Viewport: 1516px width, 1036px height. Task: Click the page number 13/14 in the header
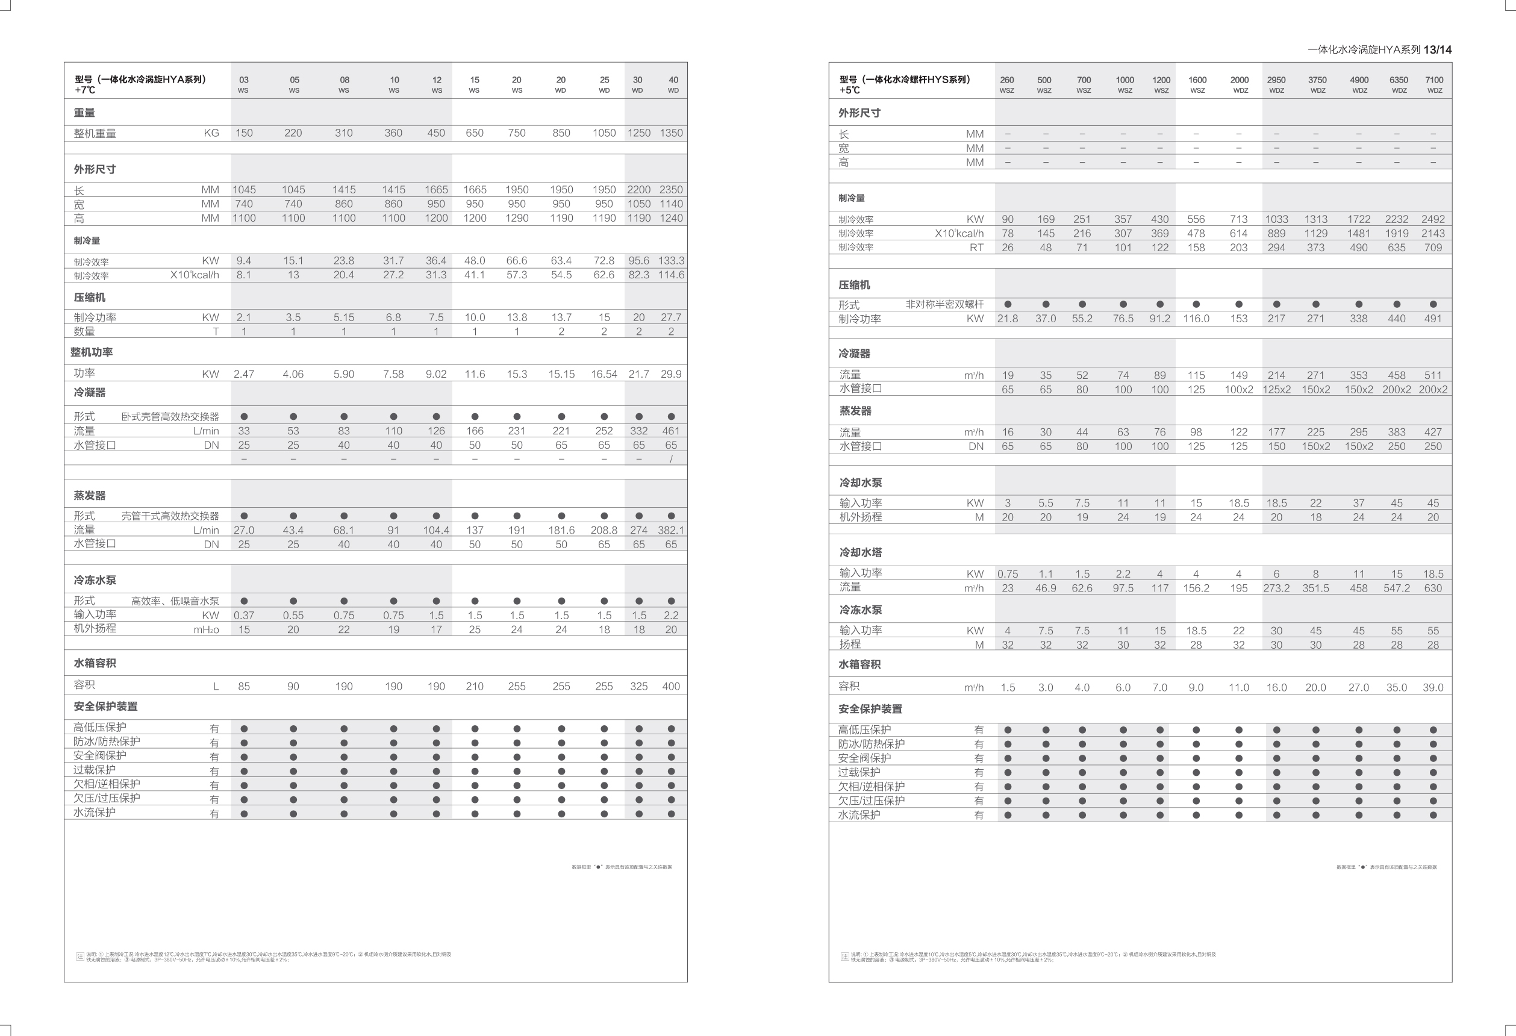(x=1437, y=49)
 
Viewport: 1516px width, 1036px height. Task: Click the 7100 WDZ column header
(x=1434, y=84)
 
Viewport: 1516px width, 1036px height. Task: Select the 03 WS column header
(x=243, y=84)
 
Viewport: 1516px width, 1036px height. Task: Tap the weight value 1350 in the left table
(x=670, y=133)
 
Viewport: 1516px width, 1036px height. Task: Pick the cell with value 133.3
(x=670, y=260)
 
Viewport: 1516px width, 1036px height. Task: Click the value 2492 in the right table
(x=1432, y=219)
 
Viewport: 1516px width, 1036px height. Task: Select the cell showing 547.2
(x=1396, y=588)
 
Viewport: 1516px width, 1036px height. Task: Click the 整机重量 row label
(x=95, y=134)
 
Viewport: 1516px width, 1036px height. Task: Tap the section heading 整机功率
(x=92, y=352)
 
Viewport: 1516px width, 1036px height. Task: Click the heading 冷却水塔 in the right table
(x=861, y=552)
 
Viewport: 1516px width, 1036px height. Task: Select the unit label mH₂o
(x=206, y=629)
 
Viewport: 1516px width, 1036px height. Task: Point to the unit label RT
(x=976, y=248)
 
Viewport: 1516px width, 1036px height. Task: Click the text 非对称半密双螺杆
(x=944, y=305)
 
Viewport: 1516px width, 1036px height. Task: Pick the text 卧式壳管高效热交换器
(x=170, y=417)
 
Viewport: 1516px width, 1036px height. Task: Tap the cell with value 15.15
(x=561, y=375)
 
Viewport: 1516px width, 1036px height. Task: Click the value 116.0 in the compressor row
(x=1196, y=319)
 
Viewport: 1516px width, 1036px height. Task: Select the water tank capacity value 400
(x=670, y=686)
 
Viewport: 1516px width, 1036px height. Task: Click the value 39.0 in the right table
(x=1432, y=688)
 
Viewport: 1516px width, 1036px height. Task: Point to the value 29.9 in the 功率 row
(x=670, y=375)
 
